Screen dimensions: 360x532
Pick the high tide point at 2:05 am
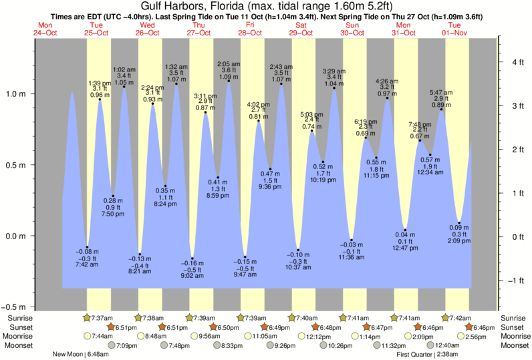pos(229,82)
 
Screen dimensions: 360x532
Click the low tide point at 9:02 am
pos(192,258)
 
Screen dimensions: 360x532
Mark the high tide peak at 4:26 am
pos(388,99)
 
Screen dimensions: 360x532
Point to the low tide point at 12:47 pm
pos(405,230)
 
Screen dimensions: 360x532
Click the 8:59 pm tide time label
pos(218,194)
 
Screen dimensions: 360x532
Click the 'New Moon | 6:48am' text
pos(78,355)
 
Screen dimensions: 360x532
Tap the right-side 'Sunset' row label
pos(513,327)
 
